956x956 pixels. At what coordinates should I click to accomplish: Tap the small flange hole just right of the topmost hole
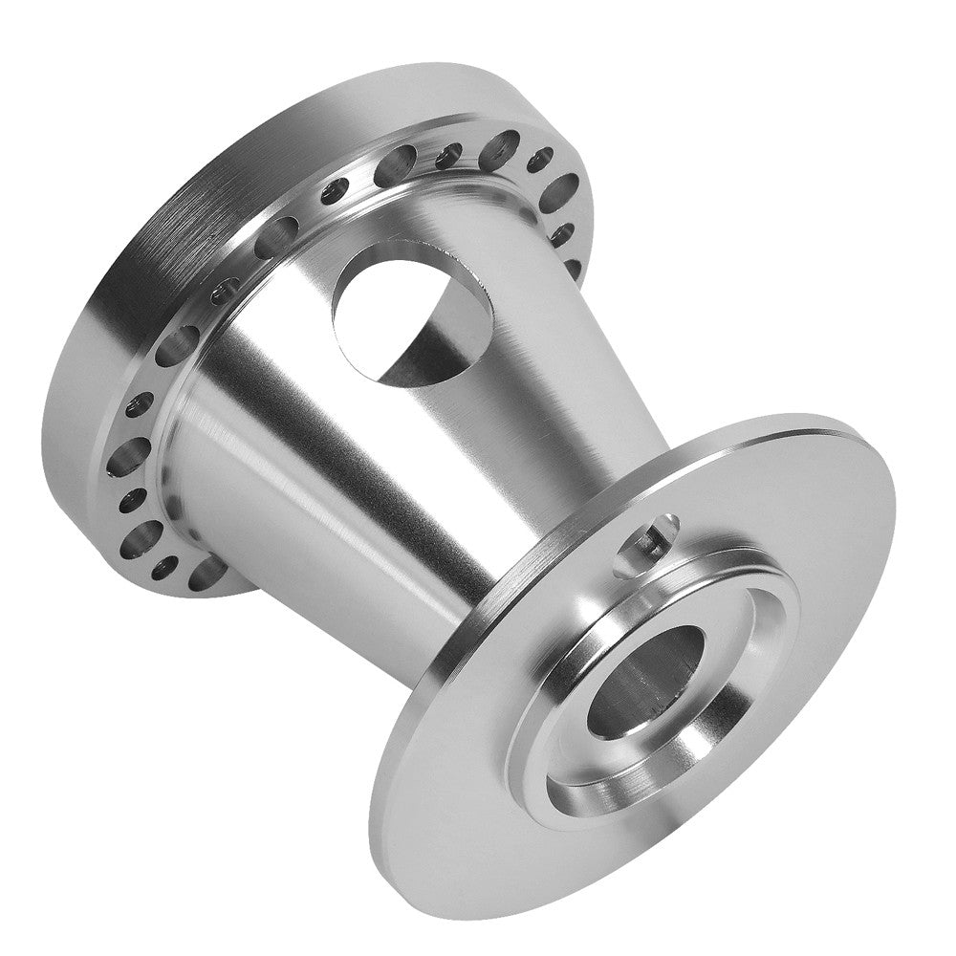tap(540, 158)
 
